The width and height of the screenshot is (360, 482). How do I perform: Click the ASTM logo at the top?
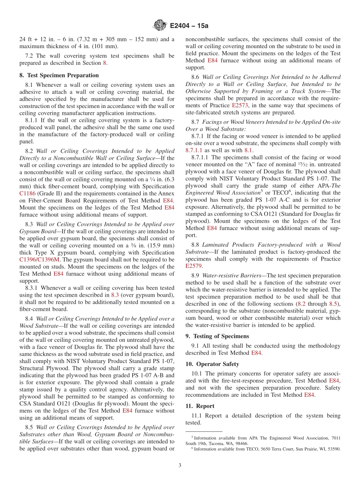160,26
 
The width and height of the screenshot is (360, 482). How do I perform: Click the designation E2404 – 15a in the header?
189,26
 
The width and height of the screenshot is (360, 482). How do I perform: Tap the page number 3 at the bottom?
180,465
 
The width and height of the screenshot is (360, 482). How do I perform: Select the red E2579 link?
194,266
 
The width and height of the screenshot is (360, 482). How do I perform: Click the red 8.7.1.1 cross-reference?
195,150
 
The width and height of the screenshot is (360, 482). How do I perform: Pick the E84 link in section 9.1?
256,353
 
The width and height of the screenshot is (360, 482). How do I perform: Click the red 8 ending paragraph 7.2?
105,63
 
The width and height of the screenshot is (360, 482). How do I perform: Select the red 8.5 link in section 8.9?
333,304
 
